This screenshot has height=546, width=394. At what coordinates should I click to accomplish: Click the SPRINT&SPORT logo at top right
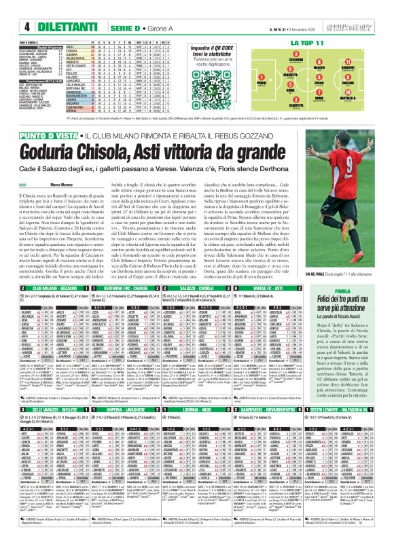coord(367,9)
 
